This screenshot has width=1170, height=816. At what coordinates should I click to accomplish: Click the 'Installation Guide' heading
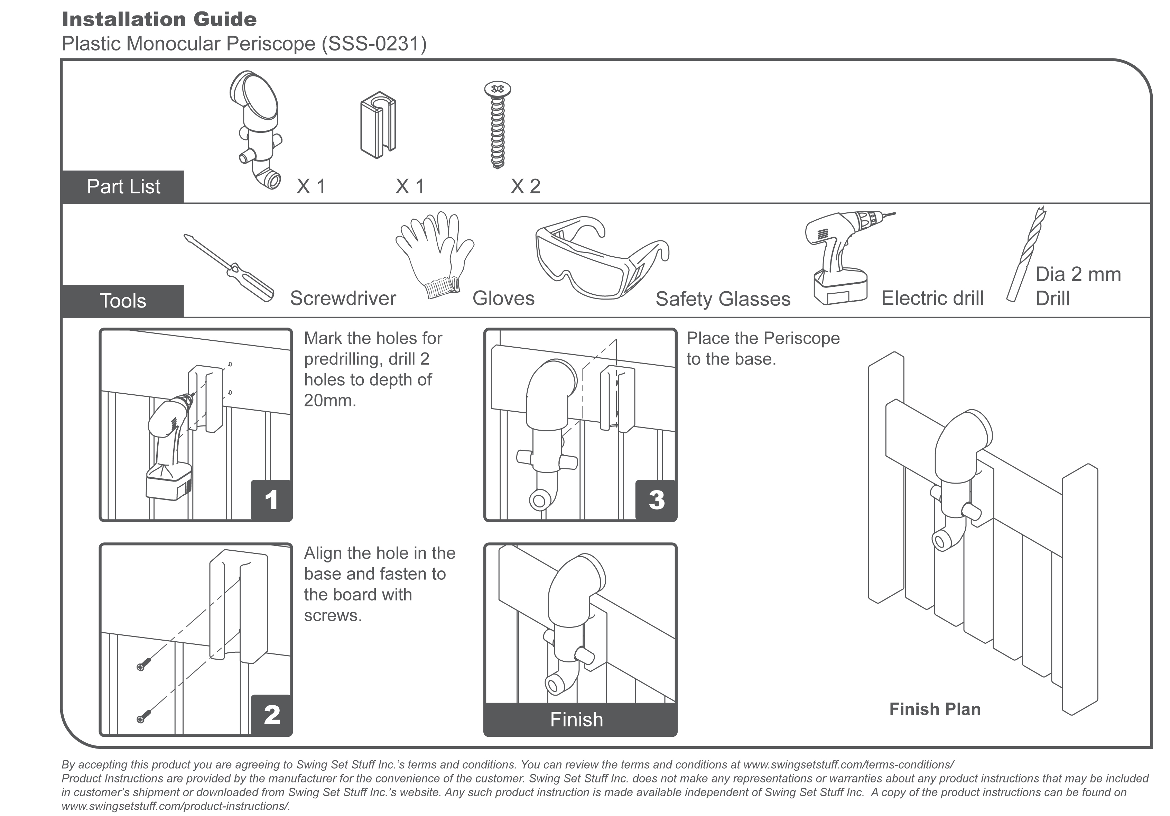point(159,20)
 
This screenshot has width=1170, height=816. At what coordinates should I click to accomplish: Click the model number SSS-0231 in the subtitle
point(374,44)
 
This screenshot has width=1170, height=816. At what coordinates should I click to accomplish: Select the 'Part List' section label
point(123,186)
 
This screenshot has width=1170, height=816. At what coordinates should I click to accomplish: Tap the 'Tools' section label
point(123,301)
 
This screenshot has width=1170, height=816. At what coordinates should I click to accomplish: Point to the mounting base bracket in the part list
point(378,125)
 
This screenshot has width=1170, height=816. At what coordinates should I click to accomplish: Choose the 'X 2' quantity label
point(526,186)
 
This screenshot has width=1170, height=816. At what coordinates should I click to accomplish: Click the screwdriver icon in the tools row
point(229,268)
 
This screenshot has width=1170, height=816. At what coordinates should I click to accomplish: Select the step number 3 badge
point(656,500)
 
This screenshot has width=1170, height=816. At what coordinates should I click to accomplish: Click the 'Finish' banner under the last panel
point(577,719)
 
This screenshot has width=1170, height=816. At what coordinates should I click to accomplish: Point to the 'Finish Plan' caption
point(935,709)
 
